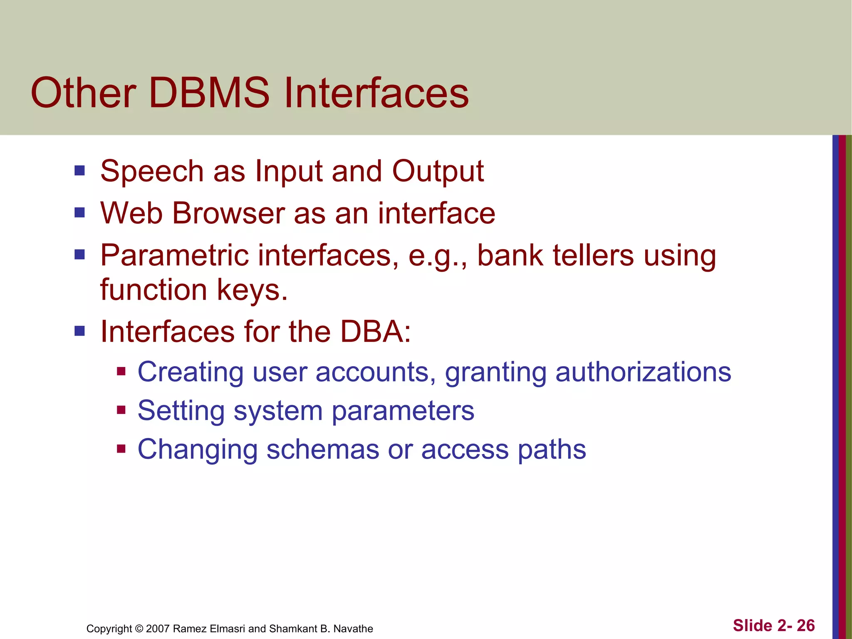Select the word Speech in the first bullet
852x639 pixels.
tap(152, 171)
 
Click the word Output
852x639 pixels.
tap(438, 171)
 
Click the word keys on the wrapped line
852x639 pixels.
tap(249, 290)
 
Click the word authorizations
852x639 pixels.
tap(643, 372)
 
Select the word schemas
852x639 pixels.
tap(322, 450)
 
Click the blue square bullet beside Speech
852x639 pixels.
tap(79, 171)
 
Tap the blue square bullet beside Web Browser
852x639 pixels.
tap(79, 213)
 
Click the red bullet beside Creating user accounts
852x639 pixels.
tap(121, 371)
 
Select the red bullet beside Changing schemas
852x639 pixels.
tap(121, 449)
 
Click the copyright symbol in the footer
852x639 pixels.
tap(139, 629)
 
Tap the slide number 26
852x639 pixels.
tap(806, 626)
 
